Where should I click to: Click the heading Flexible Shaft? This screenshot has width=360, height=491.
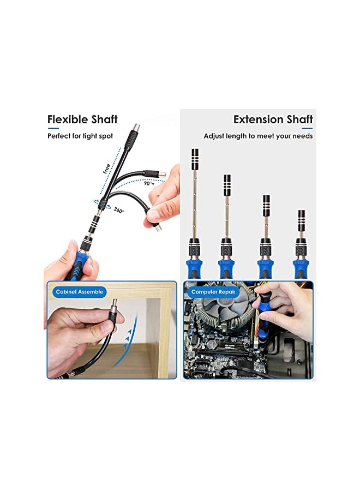tap(82, 119)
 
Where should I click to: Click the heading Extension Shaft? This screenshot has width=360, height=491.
tap(273, 119)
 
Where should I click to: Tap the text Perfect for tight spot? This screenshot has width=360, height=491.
tap(80, 136)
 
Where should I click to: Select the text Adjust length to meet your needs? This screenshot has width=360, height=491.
tap(258, 136)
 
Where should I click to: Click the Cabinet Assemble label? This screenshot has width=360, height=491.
tap(79, 292)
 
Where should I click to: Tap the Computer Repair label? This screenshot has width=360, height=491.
tap(213, 292)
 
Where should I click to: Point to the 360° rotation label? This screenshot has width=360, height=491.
tap(118, 211)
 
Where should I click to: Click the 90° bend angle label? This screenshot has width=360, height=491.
tap(148, 184)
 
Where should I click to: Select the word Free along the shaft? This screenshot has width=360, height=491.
tap(106, 169)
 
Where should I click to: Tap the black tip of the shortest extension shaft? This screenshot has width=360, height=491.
tap(301, 220)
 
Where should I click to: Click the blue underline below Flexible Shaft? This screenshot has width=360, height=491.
tap(53, 128)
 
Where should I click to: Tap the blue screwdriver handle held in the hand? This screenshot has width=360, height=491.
tap(78, 267)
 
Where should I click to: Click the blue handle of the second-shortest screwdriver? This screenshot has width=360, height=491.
tap(266, 268)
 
